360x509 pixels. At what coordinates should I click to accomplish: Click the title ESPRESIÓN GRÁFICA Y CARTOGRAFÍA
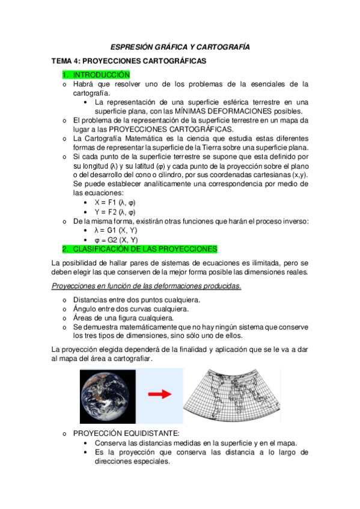pos(180,47)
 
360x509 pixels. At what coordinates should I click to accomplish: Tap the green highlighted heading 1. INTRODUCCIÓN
pos(96,75)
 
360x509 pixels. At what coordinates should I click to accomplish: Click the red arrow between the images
pos(159,395)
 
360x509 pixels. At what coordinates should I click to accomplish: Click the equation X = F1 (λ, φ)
pos(115,203)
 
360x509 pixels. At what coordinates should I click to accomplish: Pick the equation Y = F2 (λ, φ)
pos(115,212)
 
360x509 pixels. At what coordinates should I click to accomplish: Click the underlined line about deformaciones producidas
pos(147,285)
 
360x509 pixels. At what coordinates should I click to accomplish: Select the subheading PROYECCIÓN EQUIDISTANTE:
pos(126,433)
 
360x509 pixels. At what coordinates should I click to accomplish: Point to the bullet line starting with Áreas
pos(123,318)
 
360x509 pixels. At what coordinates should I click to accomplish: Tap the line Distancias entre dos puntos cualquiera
pos(137,300)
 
